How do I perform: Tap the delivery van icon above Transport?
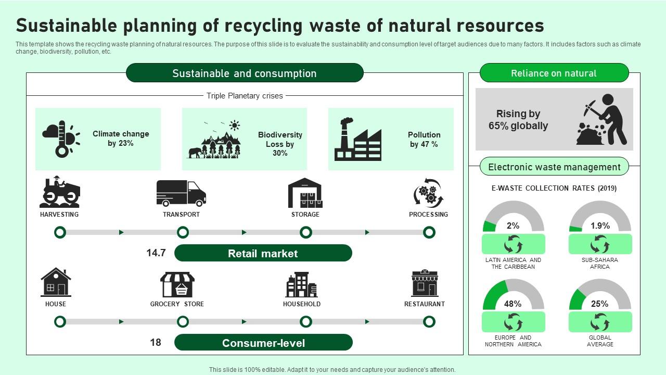click(x=181, y=193)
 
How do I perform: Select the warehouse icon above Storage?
click(x=305, y=193)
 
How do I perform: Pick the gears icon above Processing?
click(x=428, y=193)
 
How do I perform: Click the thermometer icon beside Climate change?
click(x=61, y=139)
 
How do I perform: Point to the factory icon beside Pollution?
click(x=357, y=139)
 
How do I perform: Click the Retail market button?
click(x=263, y=254)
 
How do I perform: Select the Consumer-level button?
click(x=263, y=343)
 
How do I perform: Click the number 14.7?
click(x=156, y=253)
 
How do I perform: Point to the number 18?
click(x=156, y=343)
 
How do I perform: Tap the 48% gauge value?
click(x=513, y=304)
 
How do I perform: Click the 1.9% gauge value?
click(x=600, y=226)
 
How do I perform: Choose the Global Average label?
click(x=600, y=341)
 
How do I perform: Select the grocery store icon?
click(x=177, y=284)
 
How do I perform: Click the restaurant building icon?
click(x=425, y=283)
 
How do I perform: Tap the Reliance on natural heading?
click(x=554, y=73)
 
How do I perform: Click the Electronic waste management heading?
click(x=554, y=167)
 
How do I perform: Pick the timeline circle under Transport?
click(x=183, y=232)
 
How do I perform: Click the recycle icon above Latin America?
click(x=514, y=244)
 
